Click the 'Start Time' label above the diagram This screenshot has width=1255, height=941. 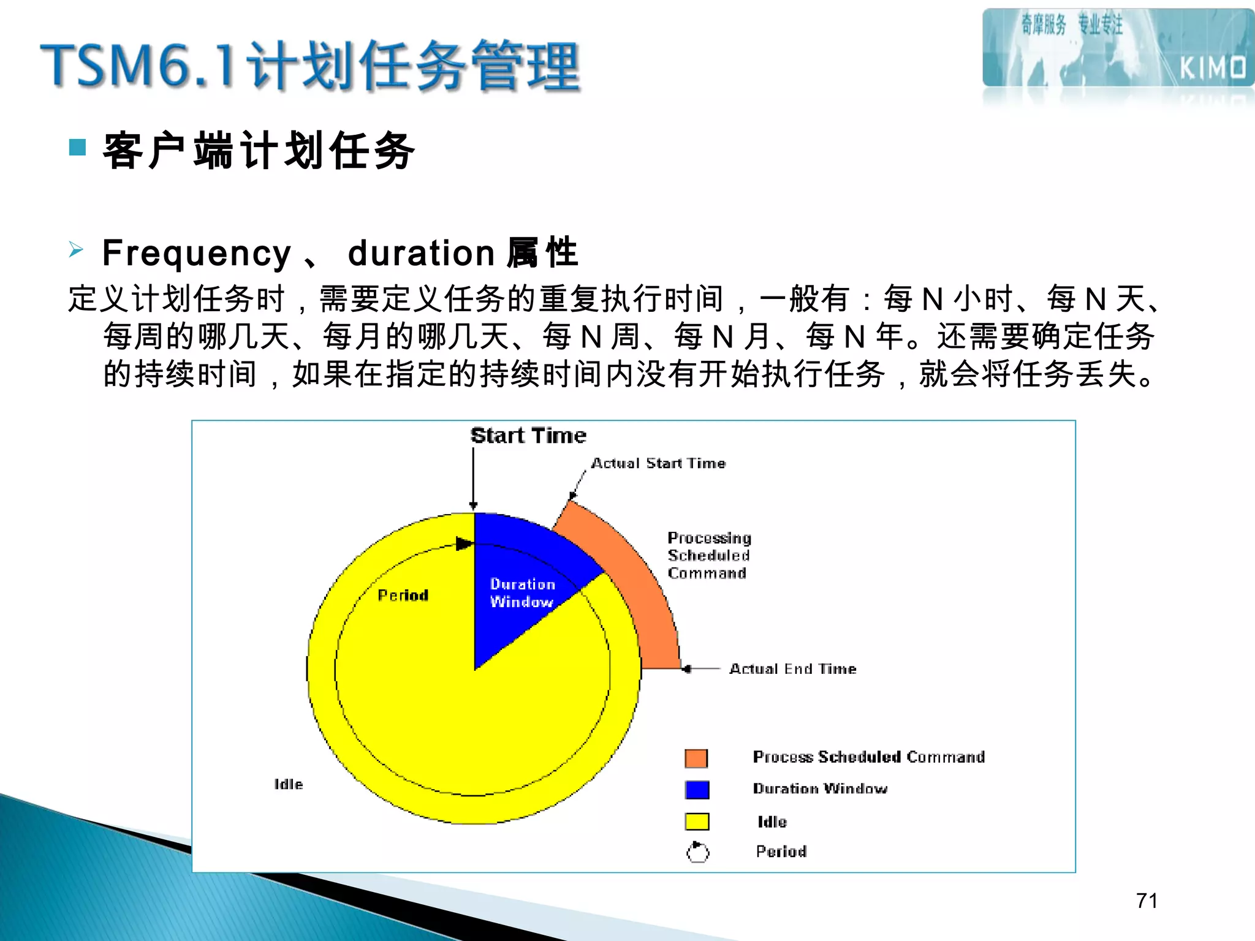pyautogui.click(x=528, y=436)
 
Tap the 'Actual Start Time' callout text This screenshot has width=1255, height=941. pyautogui.click(x=658, y=463)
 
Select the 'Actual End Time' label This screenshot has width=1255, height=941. pyautogui.click(x=792, y=668)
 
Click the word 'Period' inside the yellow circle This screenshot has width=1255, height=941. pyautogui.click(x=403, y=595)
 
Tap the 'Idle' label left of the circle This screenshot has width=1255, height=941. pyautogui.click(x=289, y=784)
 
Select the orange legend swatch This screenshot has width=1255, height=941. pyautogui.click(x=696, y=758)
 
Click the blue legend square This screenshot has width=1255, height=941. pyautogui.click(x=697, y=790)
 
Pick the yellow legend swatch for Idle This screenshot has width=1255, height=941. pyautogui.click(x=697, y=822)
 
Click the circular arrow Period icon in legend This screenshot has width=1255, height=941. pyautogui.click(x=697, y=852)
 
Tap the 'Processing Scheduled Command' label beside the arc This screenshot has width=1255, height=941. pyautogui.click(x=708, y=555)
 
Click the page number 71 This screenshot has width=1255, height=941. pyautogui.click(x=1147, y=901)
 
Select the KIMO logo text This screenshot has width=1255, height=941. pyautogui.click(x=1213, y=67)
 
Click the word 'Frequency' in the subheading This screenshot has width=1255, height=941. pyautogui.click(x=197, y=253)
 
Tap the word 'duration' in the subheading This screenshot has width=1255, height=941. pyautogui.click(x=421, y=253)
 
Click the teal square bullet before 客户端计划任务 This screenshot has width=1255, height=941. pyautogui.click(x=77, y=147)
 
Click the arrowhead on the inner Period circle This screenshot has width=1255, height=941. pyautogui.click(x=464, y=544)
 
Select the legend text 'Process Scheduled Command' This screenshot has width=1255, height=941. pyautogui.click(x=868, y=757)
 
